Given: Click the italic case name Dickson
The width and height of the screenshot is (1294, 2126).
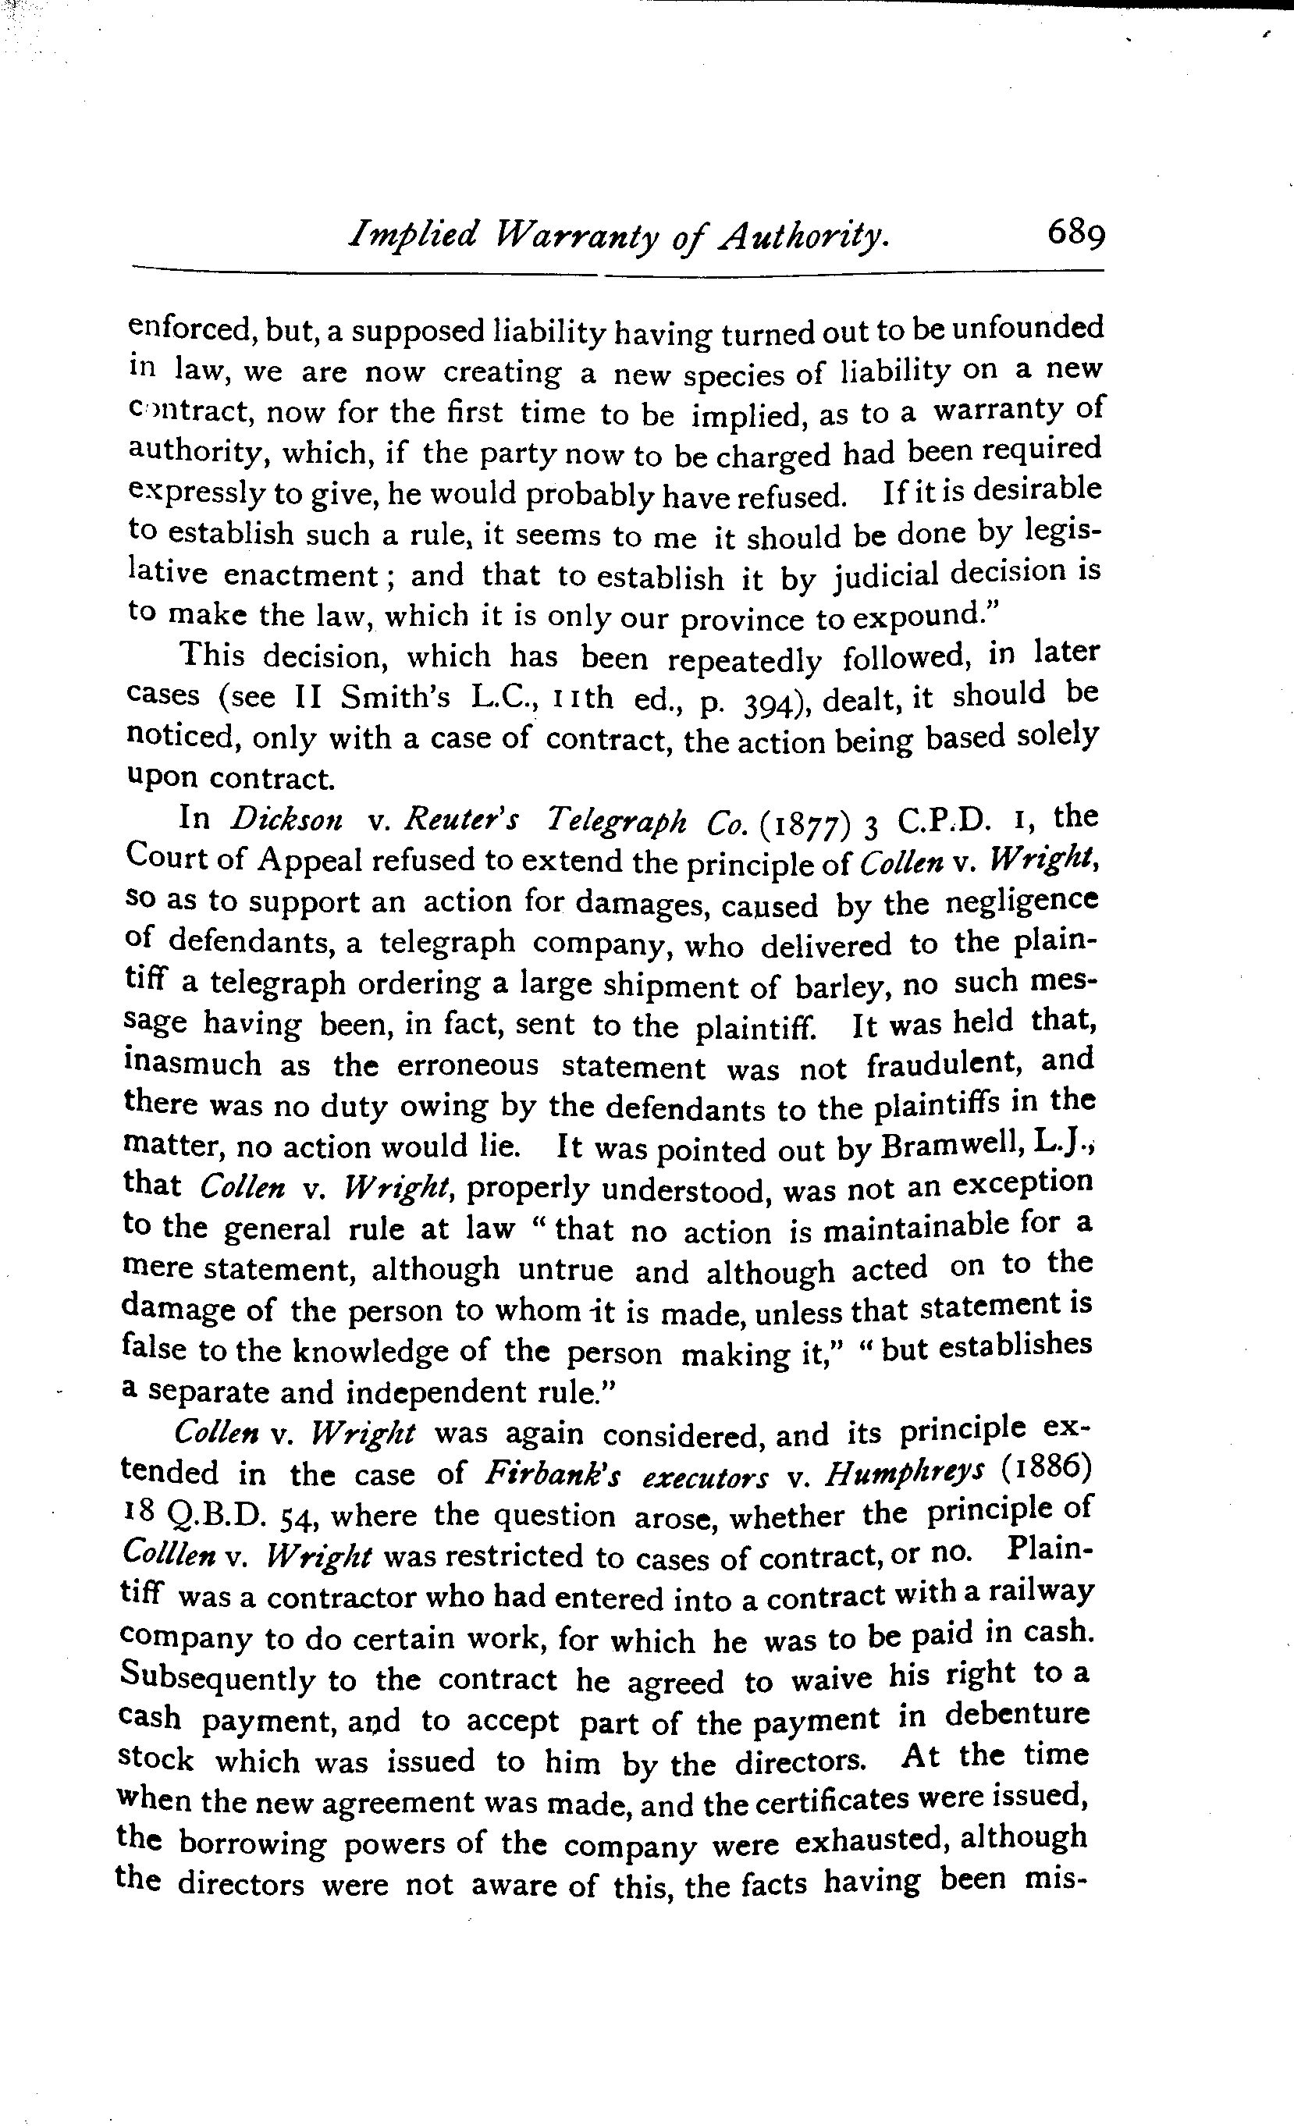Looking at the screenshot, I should (x=286, y=818).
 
